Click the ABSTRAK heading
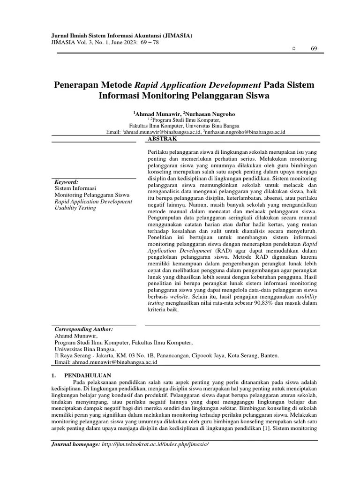162,139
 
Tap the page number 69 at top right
314,50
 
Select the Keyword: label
67,181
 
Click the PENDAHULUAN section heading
87,375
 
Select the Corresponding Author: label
84,329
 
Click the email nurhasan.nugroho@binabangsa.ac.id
248,133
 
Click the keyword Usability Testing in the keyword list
75,208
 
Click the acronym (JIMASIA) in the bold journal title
176,36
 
